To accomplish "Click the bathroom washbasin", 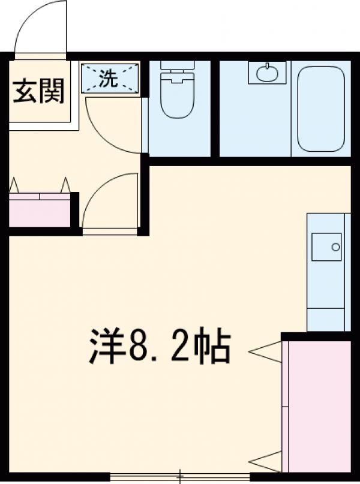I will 267,74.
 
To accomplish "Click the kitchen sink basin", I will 326,246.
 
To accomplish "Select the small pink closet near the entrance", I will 40,211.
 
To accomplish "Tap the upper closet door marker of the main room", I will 265,352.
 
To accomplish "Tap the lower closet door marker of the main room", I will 265,462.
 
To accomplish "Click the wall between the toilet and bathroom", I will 215,108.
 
